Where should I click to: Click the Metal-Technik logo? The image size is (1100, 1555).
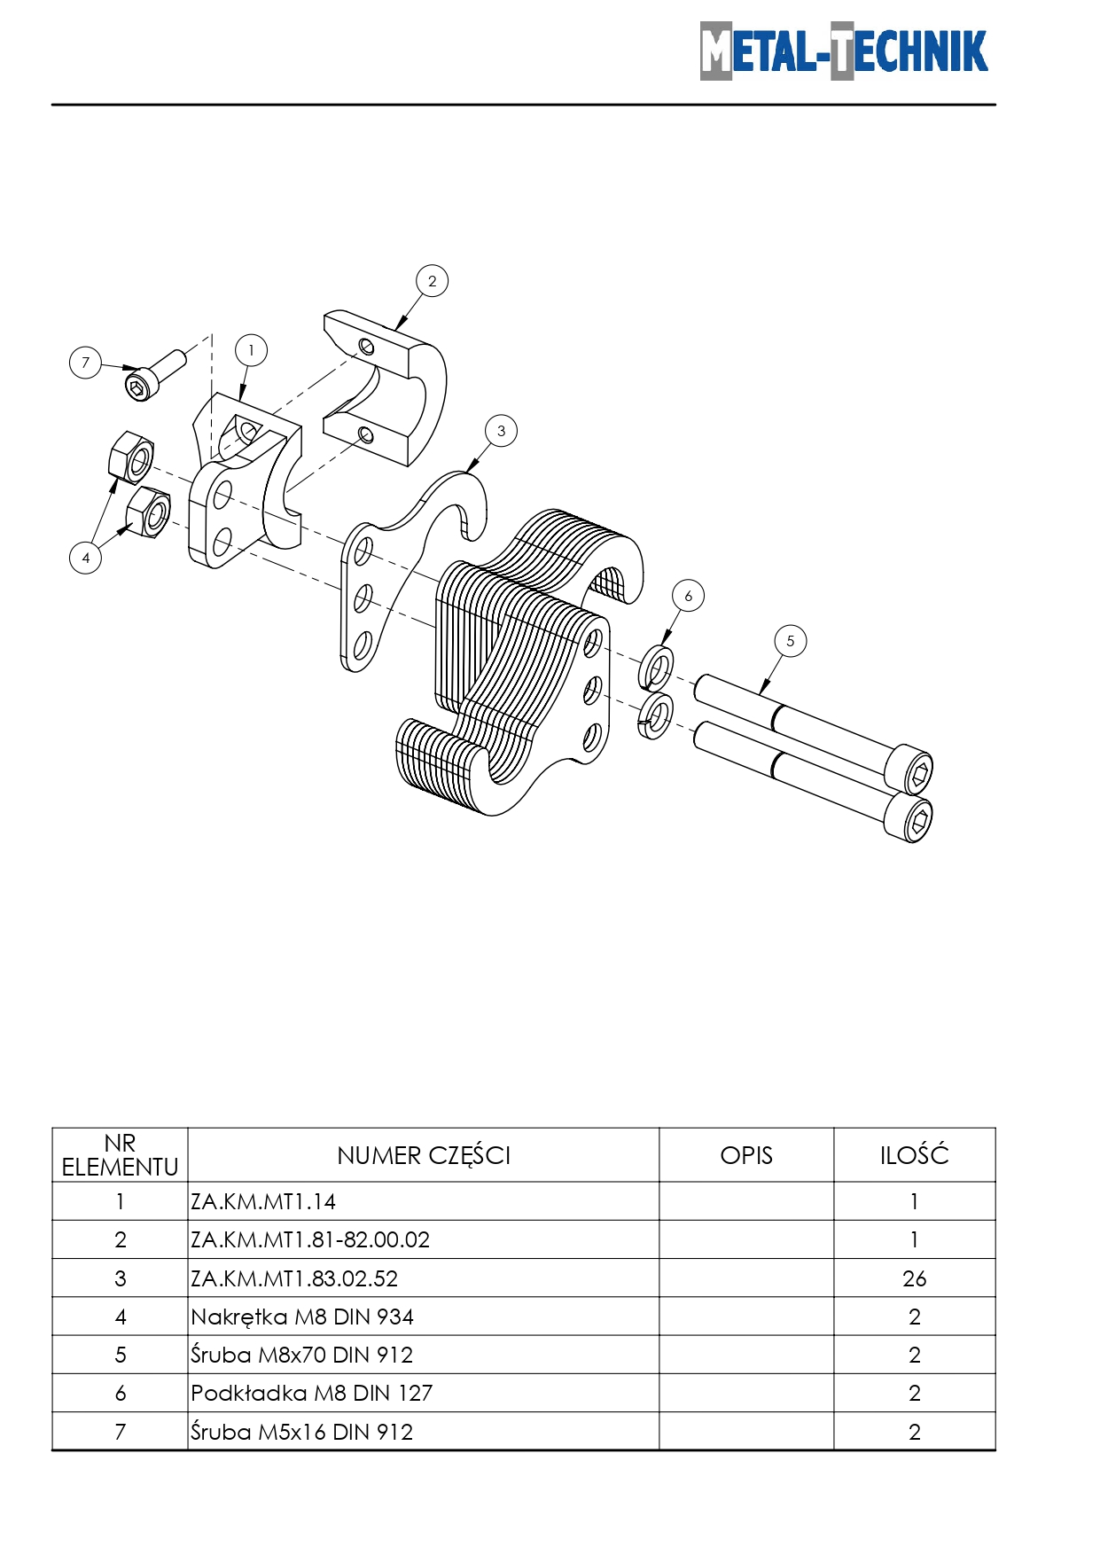[843, 51]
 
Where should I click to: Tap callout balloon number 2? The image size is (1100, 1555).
[432, 281]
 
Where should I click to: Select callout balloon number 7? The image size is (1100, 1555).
[85, 362]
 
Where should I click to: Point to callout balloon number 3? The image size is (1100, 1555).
[501, 431]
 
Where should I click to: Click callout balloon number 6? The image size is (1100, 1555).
[688, 596]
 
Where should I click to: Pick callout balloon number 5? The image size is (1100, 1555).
[790, 641]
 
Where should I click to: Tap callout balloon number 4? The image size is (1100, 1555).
[85, 558]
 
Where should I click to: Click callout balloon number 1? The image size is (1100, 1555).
[251, 350]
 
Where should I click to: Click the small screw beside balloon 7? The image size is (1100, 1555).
[155, 374]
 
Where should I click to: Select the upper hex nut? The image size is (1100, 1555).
[131, 457]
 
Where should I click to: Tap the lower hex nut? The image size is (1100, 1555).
[148, 512]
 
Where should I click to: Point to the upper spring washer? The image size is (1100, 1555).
[656, 668]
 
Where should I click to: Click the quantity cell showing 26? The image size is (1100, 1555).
[914, 1278]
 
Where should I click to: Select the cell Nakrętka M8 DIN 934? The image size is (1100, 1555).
[302, 1317]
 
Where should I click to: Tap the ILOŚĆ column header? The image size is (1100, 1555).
[914, 1155]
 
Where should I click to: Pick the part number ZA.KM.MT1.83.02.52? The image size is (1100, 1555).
[294, 1278]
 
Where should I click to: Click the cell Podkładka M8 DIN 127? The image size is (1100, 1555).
[312, 1393]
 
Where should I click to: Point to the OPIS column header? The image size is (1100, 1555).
[746, 1155]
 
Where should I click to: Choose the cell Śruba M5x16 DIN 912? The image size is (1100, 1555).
[302, 1432]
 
